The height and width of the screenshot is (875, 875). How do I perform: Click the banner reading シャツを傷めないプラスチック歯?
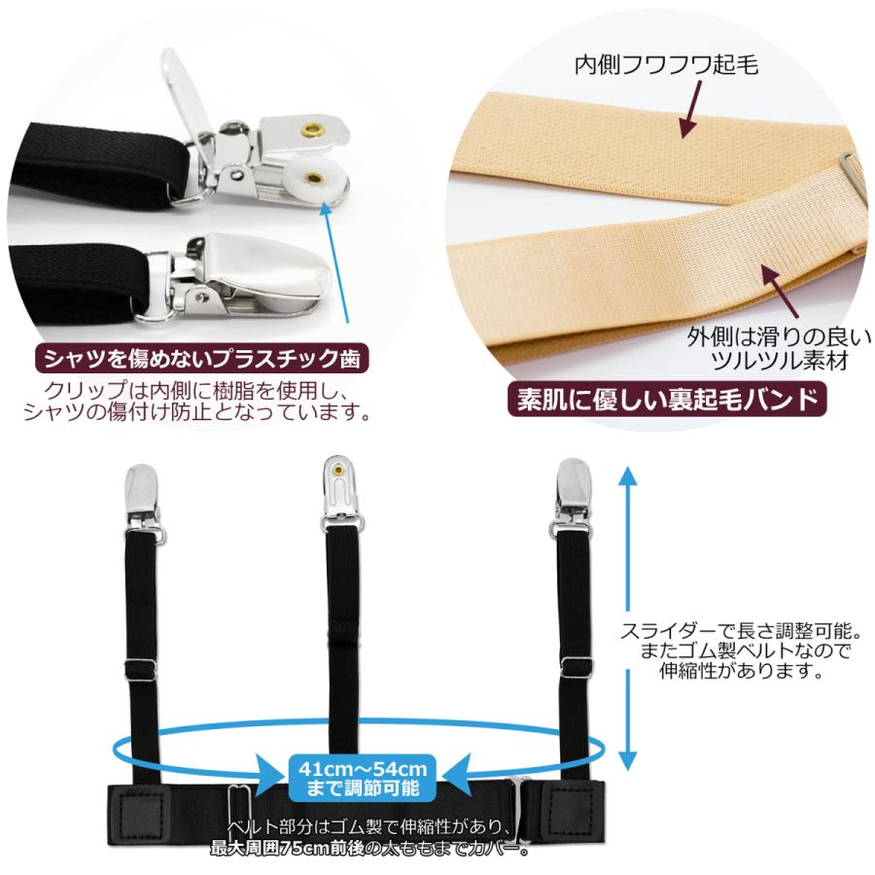[x=201, y=358]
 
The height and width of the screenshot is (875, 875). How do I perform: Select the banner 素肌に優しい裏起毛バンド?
[x=662, y=400]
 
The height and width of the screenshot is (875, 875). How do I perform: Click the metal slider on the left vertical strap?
[x=142, y=670]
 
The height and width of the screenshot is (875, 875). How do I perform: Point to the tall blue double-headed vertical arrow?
[x=629, y=618]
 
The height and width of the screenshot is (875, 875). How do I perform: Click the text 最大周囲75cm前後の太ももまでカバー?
[x=369, y=848]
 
